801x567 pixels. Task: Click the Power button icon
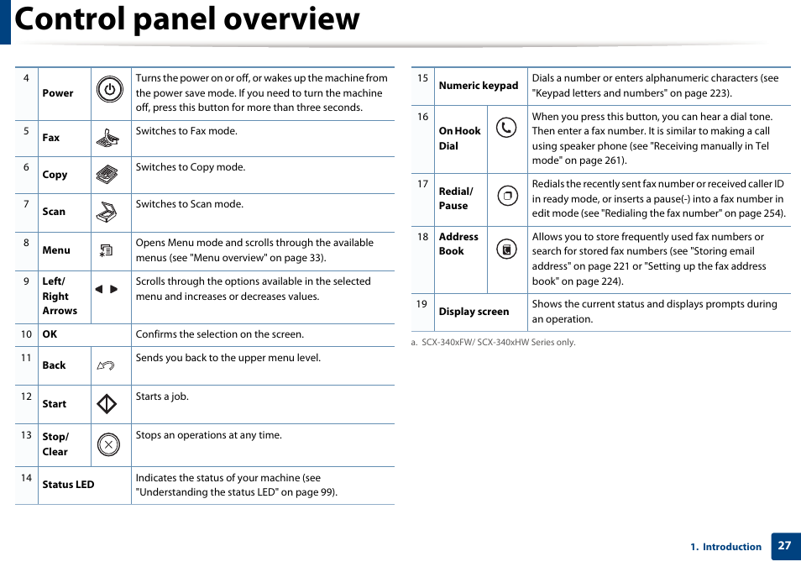[109, 90]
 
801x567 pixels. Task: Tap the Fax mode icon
[107, 139]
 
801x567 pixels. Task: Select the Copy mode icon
[107, 175]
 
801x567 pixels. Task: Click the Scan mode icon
[107, 212]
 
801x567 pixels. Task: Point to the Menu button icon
[106, 250]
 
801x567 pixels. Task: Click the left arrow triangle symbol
[98, 289]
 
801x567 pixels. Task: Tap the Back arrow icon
[106, 365]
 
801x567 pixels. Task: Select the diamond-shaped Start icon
[107, 404]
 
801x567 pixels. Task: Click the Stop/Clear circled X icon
[108, 444]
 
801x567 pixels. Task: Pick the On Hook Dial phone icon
[506, 128]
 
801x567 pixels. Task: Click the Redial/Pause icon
[507, 197]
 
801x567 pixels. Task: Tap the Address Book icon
[506, 249]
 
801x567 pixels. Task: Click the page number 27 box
[784, 545]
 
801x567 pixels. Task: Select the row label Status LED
[68, 485]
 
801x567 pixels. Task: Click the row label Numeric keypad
[479, 86]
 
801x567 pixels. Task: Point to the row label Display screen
[474, 312]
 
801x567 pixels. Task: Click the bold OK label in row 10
[50, 334]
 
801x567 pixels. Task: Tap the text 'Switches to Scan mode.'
[190, 204]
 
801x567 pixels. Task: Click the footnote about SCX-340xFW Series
[493, 343]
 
